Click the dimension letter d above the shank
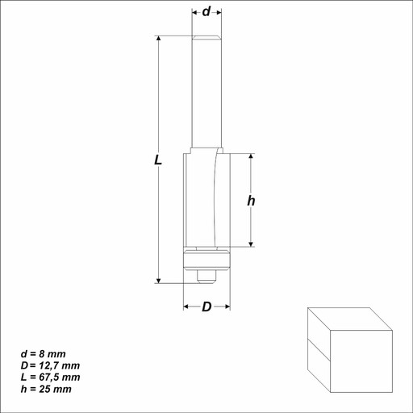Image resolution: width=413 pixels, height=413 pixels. tap(206, 11)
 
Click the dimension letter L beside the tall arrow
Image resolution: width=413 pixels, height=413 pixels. tap(158, 161)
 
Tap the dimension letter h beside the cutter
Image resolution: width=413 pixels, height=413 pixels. tap(251, 201)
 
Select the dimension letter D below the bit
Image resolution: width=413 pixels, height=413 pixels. tap(206, 307)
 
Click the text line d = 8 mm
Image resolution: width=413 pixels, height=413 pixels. tap(44, 354)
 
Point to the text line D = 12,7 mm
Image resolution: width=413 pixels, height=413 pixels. tap(50, 365)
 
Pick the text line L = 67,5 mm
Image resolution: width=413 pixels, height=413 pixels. tap(51, 378)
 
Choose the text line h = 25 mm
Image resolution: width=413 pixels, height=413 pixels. tap(46, 389)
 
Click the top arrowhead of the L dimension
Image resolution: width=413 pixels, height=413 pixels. tap(159, 38)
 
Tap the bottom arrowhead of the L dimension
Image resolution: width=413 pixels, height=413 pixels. tap(159, 281)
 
